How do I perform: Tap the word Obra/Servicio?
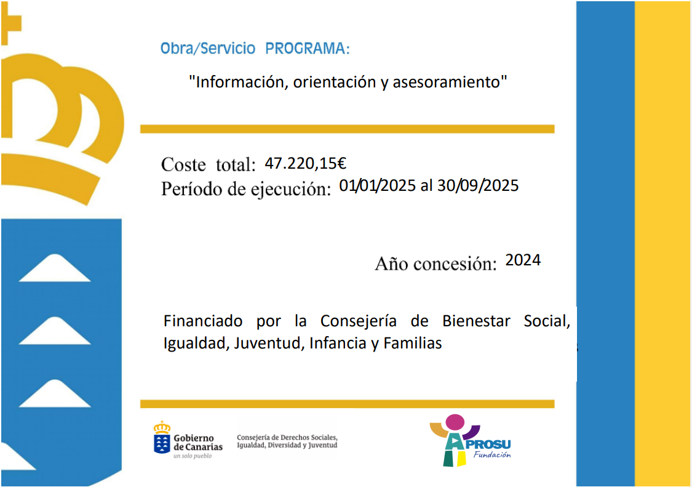tap(208, 48)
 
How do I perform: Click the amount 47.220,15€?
tap(305, 164)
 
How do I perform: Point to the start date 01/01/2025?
tap(377, 185)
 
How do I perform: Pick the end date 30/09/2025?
tap(478, 185)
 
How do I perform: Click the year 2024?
tap(523, 260)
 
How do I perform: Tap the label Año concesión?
tap(435, 264)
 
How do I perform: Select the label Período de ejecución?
tap(246, 189)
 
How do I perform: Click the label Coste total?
tap(209, 165)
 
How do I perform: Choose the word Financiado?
tap(203, 321)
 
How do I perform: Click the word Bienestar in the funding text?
tap(476, 321)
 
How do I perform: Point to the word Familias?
tap(413, 344)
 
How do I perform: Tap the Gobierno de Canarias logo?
tap(188, 440)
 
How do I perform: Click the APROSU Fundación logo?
tap(471, 441)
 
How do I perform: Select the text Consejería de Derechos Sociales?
tap(287, 438)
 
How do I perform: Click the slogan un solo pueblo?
tap(193, 456)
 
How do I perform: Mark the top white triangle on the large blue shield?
tap(55, 268)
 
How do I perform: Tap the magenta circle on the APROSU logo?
tap(455, 422)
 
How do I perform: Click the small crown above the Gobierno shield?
tap(162, 427)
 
